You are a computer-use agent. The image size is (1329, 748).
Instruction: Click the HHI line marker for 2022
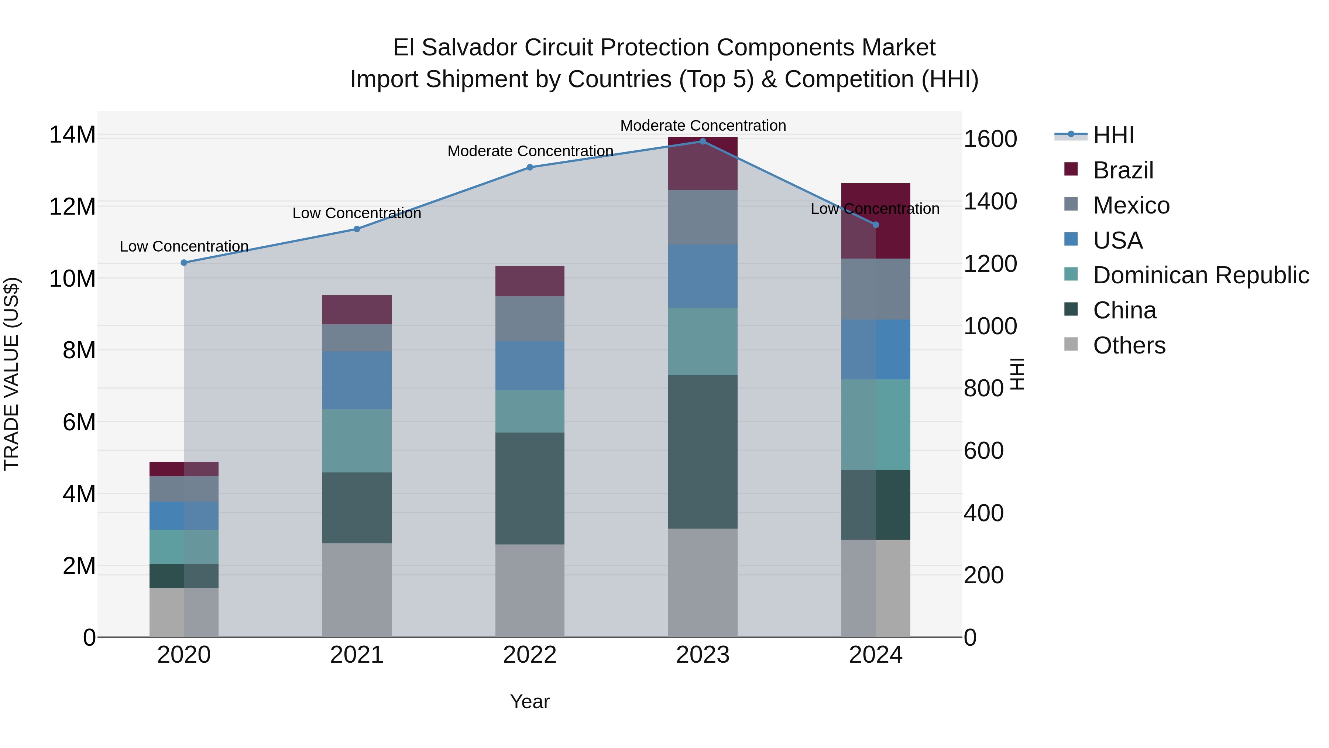click(x=530, y=167)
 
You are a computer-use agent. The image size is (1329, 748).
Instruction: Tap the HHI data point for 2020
click(x=184, y=263)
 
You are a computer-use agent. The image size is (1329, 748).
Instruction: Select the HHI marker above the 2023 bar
click(x=703, y=141)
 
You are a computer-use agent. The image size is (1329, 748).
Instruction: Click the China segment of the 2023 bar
click(x=703, y=452)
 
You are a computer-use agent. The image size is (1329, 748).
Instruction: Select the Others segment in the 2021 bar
click(x=357, y=590)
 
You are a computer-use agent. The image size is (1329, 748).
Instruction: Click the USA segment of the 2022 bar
click(x=530, y=365)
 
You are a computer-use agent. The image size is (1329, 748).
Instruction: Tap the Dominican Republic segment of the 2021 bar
click(x=357, y=441)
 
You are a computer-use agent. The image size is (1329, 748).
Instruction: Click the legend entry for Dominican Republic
click(x=1201, y=275)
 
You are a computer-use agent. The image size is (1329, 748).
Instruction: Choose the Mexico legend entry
click(x=1131, y=205)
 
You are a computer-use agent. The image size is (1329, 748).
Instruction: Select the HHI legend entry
click(x=1113, y=135)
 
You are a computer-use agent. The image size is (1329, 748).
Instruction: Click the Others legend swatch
click(x=1071, y=344)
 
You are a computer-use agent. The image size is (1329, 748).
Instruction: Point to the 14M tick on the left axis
click(x=72, y=135)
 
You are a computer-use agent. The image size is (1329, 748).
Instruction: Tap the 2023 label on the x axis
click(x=703, y=655)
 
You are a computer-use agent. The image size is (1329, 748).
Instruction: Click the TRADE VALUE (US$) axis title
click(x=11, y=374)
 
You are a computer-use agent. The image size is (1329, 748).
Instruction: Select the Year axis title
click(x=530, y=701)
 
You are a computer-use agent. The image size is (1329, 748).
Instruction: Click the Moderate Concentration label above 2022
click(x=530, y=151)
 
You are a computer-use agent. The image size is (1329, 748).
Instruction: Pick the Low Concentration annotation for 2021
click(x=357, y=213)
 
